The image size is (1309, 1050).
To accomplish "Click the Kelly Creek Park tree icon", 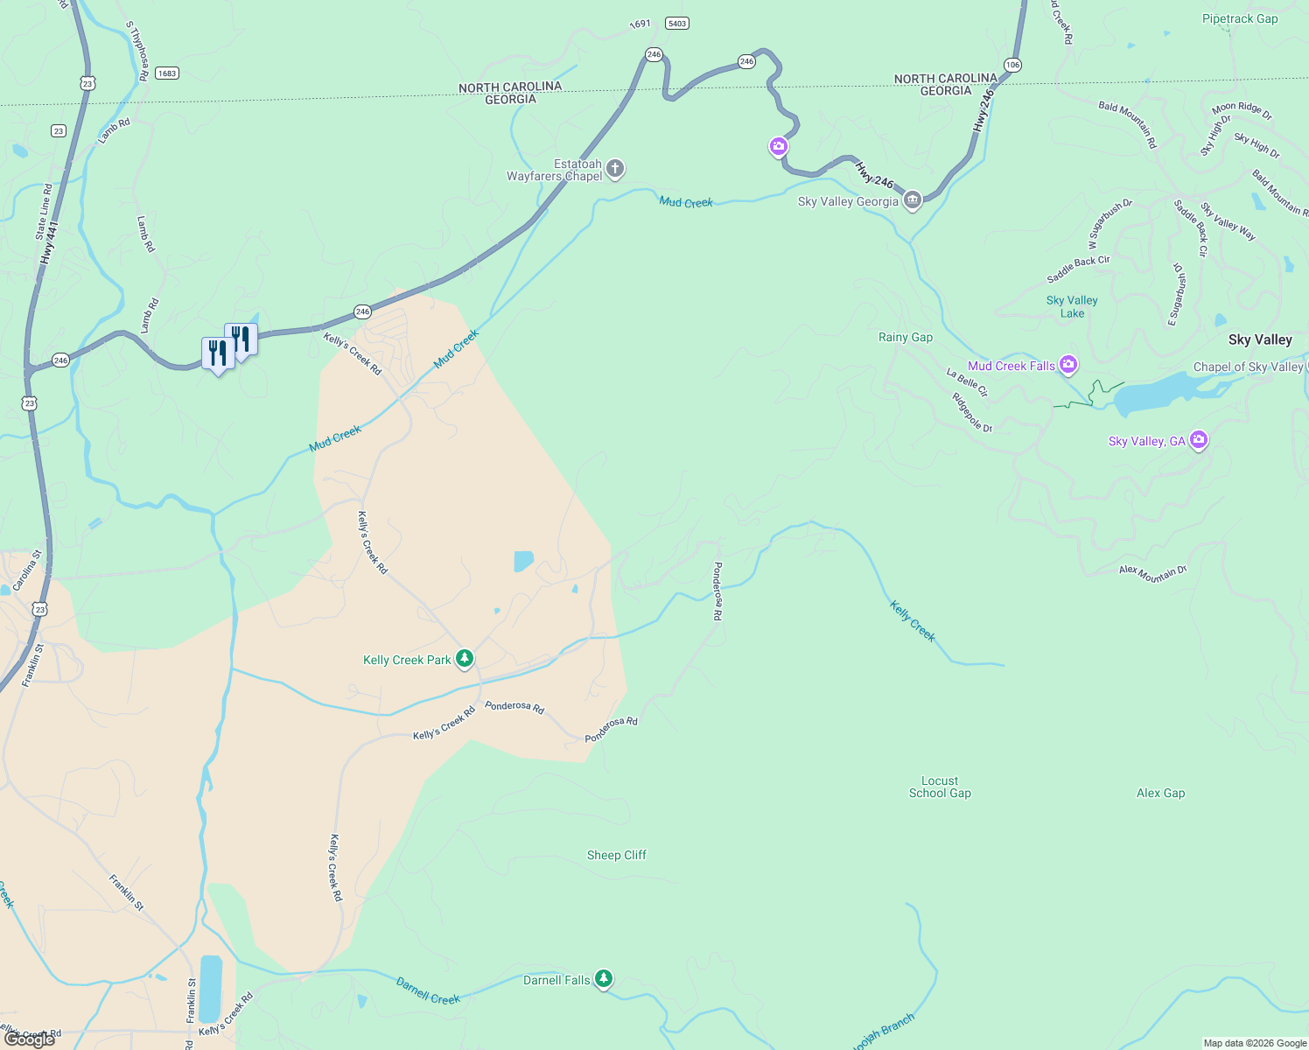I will pos(465,658).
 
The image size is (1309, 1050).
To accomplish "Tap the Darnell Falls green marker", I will pos(603,978).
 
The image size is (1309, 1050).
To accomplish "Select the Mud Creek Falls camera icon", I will pos(1067,364).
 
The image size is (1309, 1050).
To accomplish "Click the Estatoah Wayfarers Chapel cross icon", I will pos(615,168).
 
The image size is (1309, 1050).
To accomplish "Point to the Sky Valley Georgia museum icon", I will pos(913,200).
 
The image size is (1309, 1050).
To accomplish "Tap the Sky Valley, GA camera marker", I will pos(1199,439).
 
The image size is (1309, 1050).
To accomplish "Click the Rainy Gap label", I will pos(905,337).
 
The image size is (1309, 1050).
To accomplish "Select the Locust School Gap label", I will pos(940,787).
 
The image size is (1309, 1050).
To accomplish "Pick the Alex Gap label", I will pos(1160,793).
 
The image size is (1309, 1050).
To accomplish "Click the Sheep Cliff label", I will pos(616,855).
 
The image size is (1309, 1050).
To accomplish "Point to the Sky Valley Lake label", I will pos(1072,306).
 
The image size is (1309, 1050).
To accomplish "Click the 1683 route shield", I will pos(167,73).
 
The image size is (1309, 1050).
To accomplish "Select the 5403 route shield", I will pos(676,23).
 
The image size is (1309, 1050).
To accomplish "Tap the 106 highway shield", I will pos(1012,65).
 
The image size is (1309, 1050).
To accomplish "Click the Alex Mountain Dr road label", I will pos(1152,573).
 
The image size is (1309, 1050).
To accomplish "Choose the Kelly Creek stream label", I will pos(912,620).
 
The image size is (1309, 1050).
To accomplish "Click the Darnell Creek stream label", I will pos(428,990).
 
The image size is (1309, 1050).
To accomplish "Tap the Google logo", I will pos(30,1039).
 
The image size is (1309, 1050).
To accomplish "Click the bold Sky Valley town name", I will pos(1259,339).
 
